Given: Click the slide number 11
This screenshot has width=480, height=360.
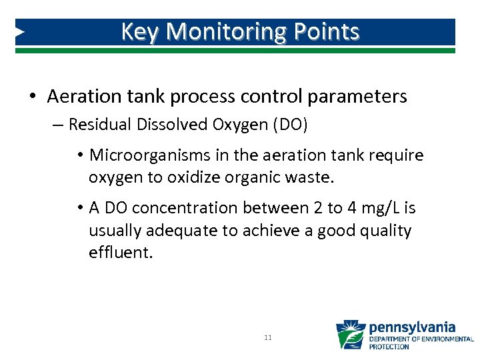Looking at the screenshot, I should (x=267, y=338).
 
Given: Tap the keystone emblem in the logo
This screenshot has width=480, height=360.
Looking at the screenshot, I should (x=350, y=335).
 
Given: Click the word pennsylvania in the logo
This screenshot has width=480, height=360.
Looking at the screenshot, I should (x=412, y=327).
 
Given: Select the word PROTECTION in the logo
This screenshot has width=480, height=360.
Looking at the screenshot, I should (x=389, y=347).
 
